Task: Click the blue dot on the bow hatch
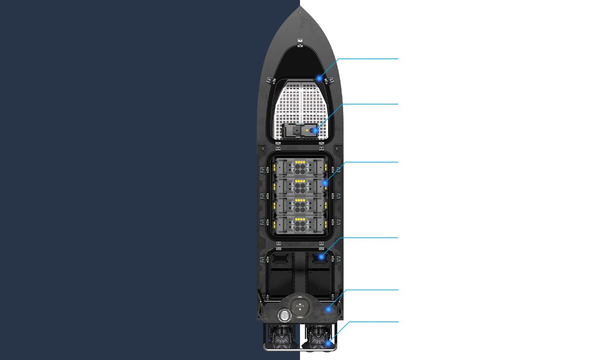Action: point(319,78)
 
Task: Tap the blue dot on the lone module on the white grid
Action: point(315,130)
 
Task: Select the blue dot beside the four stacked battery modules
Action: point(325,183)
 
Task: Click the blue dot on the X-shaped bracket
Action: point(321,256)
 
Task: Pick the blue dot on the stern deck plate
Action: point(328,309)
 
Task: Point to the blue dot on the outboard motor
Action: point(328,343)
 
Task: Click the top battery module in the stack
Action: point(300,167)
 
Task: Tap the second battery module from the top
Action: point(300,186)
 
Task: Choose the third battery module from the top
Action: point(300,206)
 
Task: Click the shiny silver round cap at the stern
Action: point(284,315)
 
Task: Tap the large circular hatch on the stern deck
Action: point(300,306)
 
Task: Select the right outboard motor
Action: point(318,336)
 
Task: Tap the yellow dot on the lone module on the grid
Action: point(307,130)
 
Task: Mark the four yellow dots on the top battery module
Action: point(300,162)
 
